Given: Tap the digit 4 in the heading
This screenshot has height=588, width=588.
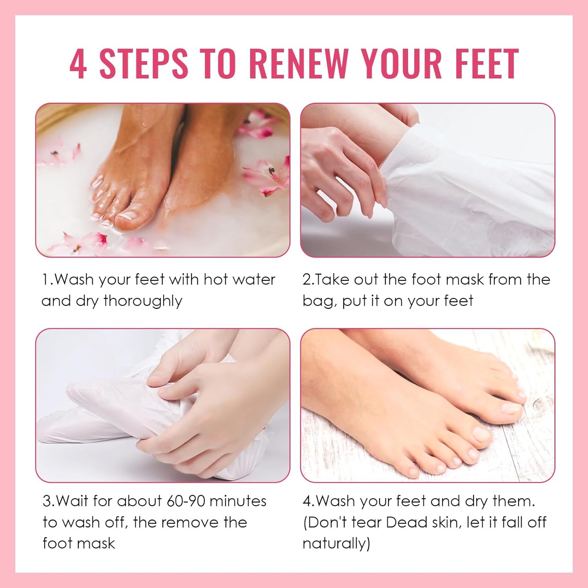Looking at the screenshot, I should (78, 64).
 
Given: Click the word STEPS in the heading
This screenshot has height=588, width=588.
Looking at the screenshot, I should (143, 64).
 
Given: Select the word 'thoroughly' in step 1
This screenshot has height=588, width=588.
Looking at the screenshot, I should (143, 301).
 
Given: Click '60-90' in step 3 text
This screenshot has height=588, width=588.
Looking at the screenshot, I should (186, 501).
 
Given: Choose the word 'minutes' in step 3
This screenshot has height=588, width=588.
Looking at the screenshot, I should (238, 501).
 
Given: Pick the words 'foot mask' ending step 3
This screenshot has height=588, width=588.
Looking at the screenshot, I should (79, 543).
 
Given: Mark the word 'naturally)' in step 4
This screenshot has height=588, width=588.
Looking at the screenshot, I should (336, 543).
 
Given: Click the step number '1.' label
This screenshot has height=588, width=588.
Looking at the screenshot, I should (47, 279).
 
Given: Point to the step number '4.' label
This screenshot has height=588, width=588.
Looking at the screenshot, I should (309, 501).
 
